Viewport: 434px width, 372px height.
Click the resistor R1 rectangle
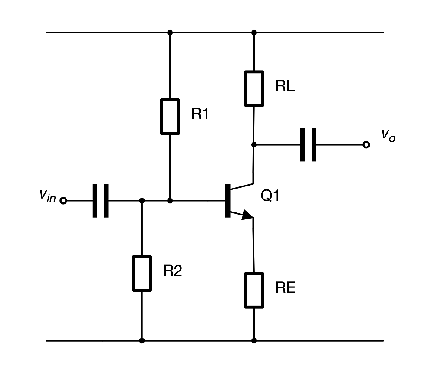point(170,116)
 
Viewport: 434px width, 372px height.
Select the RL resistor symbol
point(254,88)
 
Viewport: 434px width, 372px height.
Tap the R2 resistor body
point(142,273)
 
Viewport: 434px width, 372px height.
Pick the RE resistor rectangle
point(254,289)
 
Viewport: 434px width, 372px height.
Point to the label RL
point(285,86)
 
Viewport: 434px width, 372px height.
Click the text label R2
point(173,271)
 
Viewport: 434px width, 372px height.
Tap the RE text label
point(285,288)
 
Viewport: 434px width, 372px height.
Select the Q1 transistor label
point(270,196)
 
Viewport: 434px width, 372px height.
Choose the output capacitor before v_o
point(308,144)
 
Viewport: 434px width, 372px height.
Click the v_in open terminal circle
point(63,201)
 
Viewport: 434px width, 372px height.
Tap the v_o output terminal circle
point(366,144)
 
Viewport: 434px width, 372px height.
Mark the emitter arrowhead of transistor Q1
point(246,215)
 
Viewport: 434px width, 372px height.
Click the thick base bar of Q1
point(227,200)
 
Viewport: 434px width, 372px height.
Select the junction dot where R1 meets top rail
point(170,33)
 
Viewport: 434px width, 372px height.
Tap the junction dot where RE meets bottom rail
point(254,341)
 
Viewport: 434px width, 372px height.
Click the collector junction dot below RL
point(254,144)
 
